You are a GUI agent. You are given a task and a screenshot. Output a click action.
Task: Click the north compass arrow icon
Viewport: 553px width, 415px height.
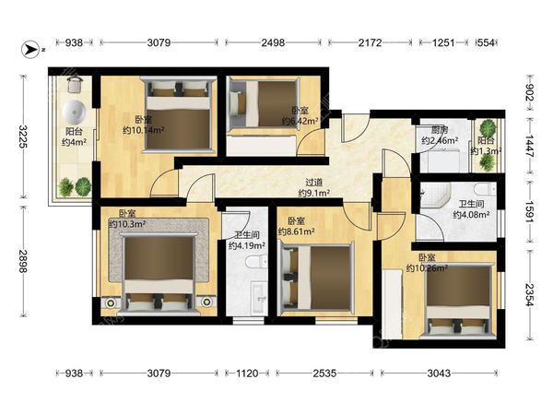(30, 49)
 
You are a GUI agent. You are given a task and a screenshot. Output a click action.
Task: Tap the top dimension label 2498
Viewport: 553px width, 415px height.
(273, 42)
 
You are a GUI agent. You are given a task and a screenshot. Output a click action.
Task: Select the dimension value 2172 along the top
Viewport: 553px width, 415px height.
(370, 42)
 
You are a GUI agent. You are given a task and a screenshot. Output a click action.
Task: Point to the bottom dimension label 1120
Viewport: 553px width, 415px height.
(247, 373)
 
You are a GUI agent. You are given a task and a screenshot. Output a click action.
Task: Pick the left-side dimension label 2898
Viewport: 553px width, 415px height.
(23, 261)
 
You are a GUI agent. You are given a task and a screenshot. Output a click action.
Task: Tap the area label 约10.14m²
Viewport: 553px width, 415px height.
(144, 131)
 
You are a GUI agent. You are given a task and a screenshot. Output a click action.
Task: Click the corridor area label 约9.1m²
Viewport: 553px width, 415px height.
(314, 193)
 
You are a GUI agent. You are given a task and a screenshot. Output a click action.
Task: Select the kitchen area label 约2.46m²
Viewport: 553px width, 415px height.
(440, 140)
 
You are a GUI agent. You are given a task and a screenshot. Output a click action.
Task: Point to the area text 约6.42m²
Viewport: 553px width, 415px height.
(300, 121)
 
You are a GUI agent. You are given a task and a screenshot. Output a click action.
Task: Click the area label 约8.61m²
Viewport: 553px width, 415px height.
(296, 231)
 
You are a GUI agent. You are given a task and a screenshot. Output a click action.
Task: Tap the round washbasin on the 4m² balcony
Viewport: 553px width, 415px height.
(74, 112)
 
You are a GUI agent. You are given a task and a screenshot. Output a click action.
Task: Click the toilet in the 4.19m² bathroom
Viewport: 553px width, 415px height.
(257, 262)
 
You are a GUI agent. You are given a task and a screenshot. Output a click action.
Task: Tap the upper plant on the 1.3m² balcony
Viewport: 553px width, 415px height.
(488, 128)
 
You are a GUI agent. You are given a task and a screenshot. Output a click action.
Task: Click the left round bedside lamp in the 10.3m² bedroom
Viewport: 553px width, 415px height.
(111, 302)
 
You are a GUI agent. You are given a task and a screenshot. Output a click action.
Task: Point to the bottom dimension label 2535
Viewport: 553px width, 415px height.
(324, 373)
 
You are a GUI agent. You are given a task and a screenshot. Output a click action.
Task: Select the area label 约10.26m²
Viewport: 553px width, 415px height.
(427, 268)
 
